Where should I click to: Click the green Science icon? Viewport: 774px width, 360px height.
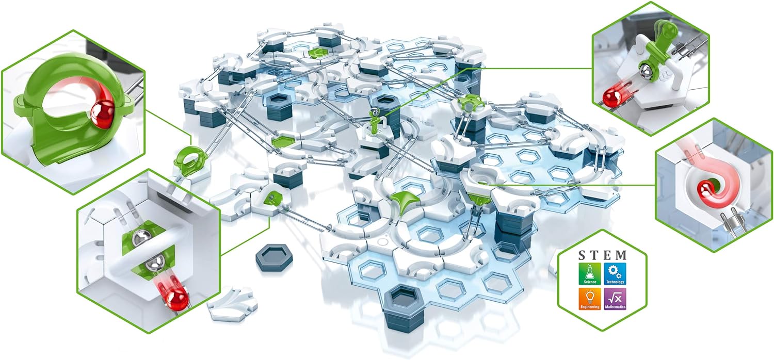[590, 274]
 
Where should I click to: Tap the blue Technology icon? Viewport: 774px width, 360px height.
[615, 274]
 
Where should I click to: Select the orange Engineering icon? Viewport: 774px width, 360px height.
[590, 299]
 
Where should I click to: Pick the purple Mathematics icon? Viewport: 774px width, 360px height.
[615, 299]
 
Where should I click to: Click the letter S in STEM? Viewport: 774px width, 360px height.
[582, 255]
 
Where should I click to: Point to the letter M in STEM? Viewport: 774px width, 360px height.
[621, 255]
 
